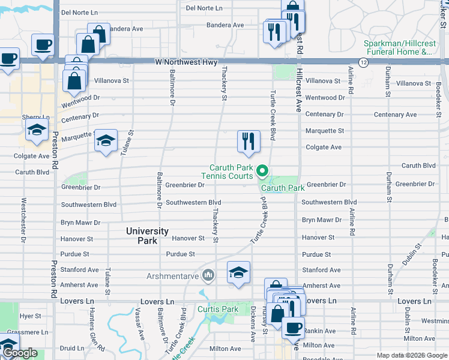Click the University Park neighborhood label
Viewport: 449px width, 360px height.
tap(147, 236)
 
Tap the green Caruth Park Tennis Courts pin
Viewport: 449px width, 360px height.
tap(262, 172)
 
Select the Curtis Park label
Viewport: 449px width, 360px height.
tap(218, 309)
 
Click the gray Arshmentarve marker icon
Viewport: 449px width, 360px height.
tap(208, 276)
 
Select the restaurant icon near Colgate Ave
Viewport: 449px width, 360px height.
tap(249, 142)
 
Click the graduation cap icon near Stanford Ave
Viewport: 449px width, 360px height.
tap(238, 273)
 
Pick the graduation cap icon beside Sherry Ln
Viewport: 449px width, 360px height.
tap(37, 130)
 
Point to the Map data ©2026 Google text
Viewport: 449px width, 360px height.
tap(411, 355)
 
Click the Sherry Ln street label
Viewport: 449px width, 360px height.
tap(35, 117)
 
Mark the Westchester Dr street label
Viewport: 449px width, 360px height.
tap(23, 220)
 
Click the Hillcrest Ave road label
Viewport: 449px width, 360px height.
tap(298, 90)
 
